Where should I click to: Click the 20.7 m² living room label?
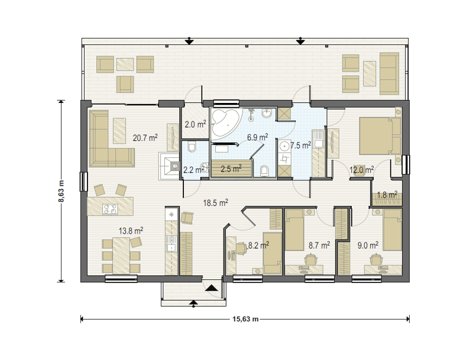coord(145,138)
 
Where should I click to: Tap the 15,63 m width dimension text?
coord(245,319)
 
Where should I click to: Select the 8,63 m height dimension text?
coord(61,191)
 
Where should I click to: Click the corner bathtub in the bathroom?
coord(226,123)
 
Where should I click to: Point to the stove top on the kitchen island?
coord(110,209)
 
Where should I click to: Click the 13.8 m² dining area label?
coord(131,231)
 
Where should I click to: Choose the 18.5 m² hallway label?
coord(215,202)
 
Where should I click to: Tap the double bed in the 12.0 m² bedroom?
coord(380,136)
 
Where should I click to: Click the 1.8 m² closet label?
coord(387,195)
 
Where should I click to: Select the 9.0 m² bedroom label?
coord(368,246)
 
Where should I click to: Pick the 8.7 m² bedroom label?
coord(319,245)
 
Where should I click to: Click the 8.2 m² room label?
coord(258,246)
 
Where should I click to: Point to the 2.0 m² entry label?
coord(195,124)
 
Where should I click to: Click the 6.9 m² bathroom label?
coord(257,137)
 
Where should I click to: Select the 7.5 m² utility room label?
coord(300,146)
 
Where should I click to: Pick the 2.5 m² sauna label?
coord(231,169)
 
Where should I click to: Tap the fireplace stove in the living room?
coord(169,166)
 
